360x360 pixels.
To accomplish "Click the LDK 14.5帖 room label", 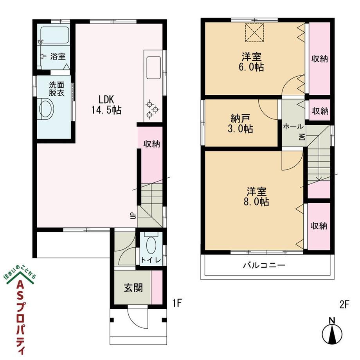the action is click(x=106, y=105).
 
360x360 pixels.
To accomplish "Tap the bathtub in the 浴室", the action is click(x=55, y=35).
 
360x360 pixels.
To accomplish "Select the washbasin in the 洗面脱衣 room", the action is click(x=47, y=109).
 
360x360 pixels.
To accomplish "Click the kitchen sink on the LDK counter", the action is click(x=154, y=68).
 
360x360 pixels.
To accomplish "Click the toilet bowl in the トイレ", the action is click(x=151, y=245).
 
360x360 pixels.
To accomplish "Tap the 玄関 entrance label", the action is click(x=133, y=288).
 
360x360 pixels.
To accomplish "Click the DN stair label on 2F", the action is click(x=302, y=137).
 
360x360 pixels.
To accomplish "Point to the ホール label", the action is click(x=293, y=126).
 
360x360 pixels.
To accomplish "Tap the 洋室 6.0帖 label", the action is click(x=251, y=62).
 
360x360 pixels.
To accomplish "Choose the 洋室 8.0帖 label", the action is click(x=256, y=196).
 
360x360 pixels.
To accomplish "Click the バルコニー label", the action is click(x=264, y=265).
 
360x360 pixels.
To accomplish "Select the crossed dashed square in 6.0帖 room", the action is click(x=254, y=32).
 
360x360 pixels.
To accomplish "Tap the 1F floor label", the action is click(x=177, y=303).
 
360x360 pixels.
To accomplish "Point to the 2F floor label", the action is click(x=344, y=305).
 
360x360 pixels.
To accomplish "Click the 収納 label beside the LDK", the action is click(x=152, y=144).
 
